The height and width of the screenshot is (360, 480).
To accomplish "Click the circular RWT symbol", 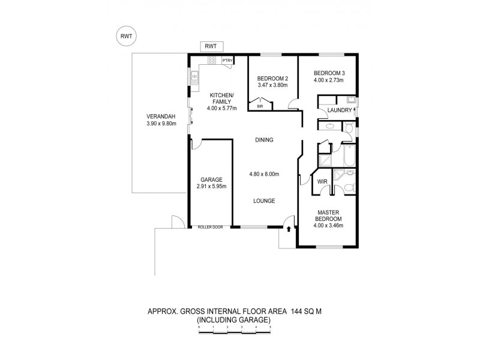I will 126,37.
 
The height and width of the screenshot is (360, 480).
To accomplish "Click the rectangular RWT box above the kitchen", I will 211,46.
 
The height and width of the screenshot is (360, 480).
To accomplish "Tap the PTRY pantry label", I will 227,61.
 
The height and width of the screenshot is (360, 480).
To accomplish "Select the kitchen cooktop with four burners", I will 211,61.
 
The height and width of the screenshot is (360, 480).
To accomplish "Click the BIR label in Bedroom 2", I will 260,107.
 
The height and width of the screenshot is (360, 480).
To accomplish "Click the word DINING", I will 264,140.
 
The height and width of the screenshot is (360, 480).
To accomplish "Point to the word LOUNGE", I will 264,201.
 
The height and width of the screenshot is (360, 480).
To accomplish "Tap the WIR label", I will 322,181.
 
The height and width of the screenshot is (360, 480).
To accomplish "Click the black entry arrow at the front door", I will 289,229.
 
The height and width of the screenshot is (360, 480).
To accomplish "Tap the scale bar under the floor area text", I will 234,326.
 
